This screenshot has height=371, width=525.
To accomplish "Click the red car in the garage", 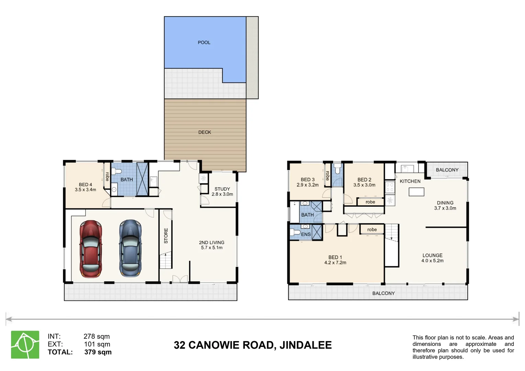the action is click(91, 249).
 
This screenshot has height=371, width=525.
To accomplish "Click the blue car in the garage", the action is click(130, 248).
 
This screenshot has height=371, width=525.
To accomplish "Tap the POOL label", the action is click(204, 42).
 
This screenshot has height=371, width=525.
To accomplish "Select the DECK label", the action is click(205, 132).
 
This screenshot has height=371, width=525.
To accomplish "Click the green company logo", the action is click(25, 345).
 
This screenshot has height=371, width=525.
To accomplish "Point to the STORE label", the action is click(166, 236).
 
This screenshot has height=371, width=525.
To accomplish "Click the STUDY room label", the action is click(222, 189).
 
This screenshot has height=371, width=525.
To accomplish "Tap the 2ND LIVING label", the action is click(211, 242).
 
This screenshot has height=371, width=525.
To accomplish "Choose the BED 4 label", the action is click(85, 185).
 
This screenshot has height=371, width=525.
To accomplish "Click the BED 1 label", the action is click(335, 257).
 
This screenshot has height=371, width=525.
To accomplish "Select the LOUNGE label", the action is click(433, 256).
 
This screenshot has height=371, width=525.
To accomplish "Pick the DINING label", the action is click(445, 203).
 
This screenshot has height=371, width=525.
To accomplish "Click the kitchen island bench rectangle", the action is click(416, 192).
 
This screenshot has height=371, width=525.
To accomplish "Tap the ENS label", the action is click(306, 234).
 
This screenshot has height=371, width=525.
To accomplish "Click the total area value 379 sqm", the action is click(98, 352).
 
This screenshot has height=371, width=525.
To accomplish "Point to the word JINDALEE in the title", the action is click(306, 345).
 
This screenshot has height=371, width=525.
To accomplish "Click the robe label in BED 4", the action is click(107, 177).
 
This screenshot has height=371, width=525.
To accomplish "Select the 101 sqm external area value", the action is click(97, 344).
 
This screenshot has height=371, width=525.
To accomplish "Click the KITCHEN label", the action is click(410, 181).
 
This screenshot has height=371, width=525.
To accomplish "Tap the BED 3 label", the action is click(308, 180).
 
